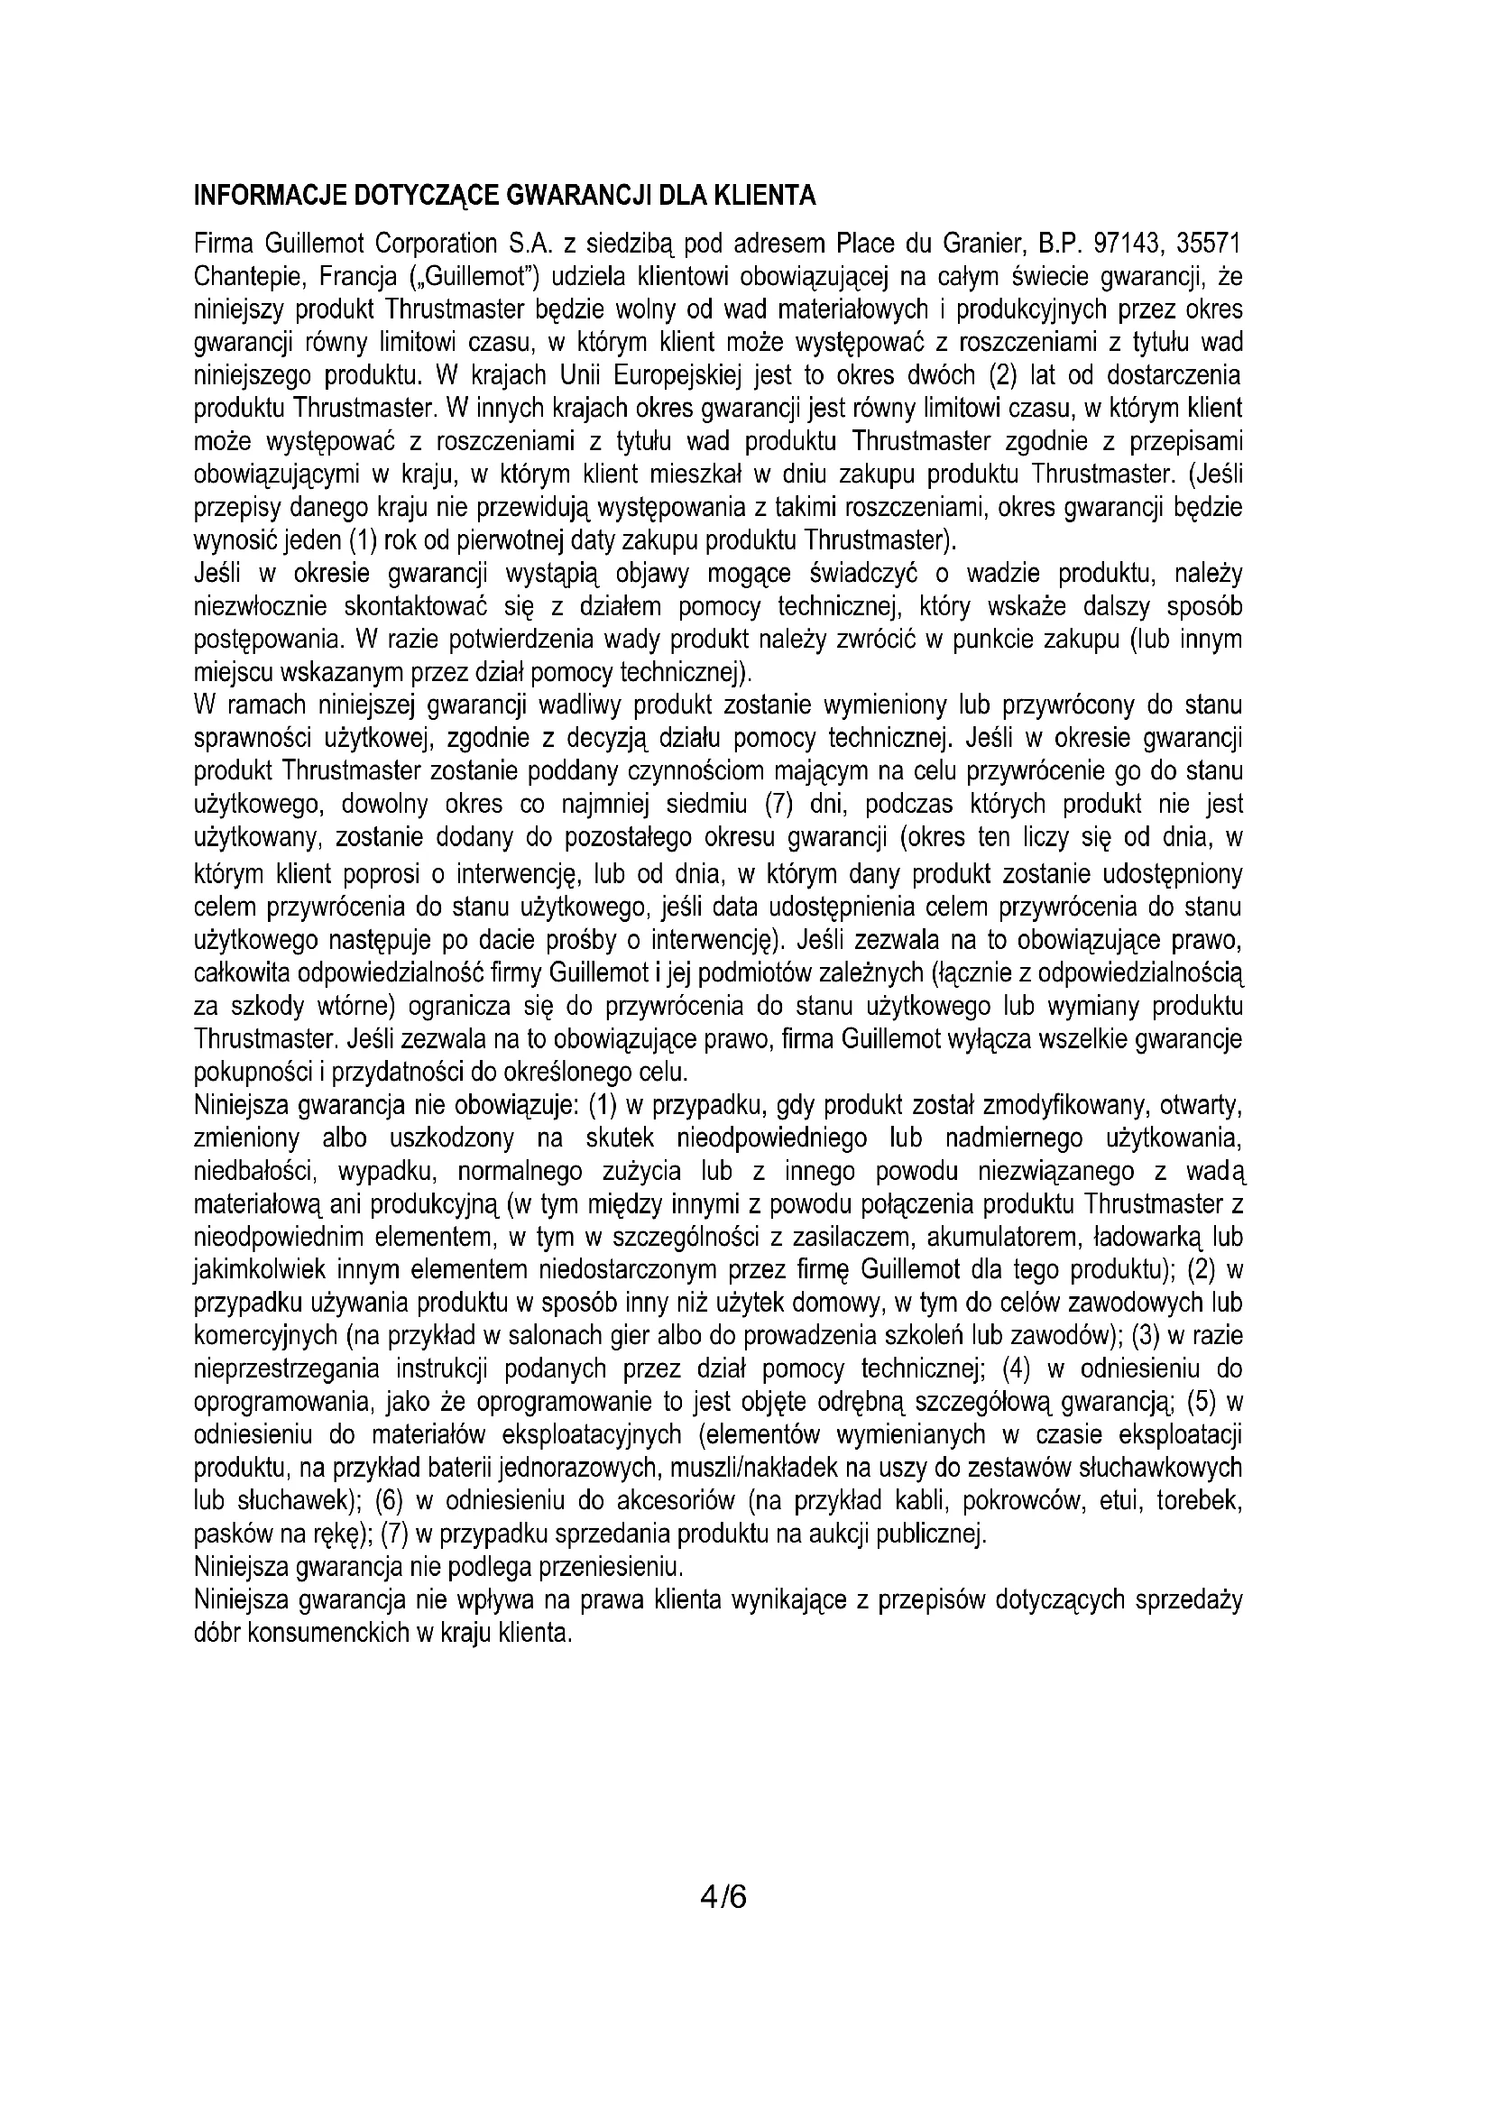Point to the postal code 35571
(x=1211, y=244)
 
